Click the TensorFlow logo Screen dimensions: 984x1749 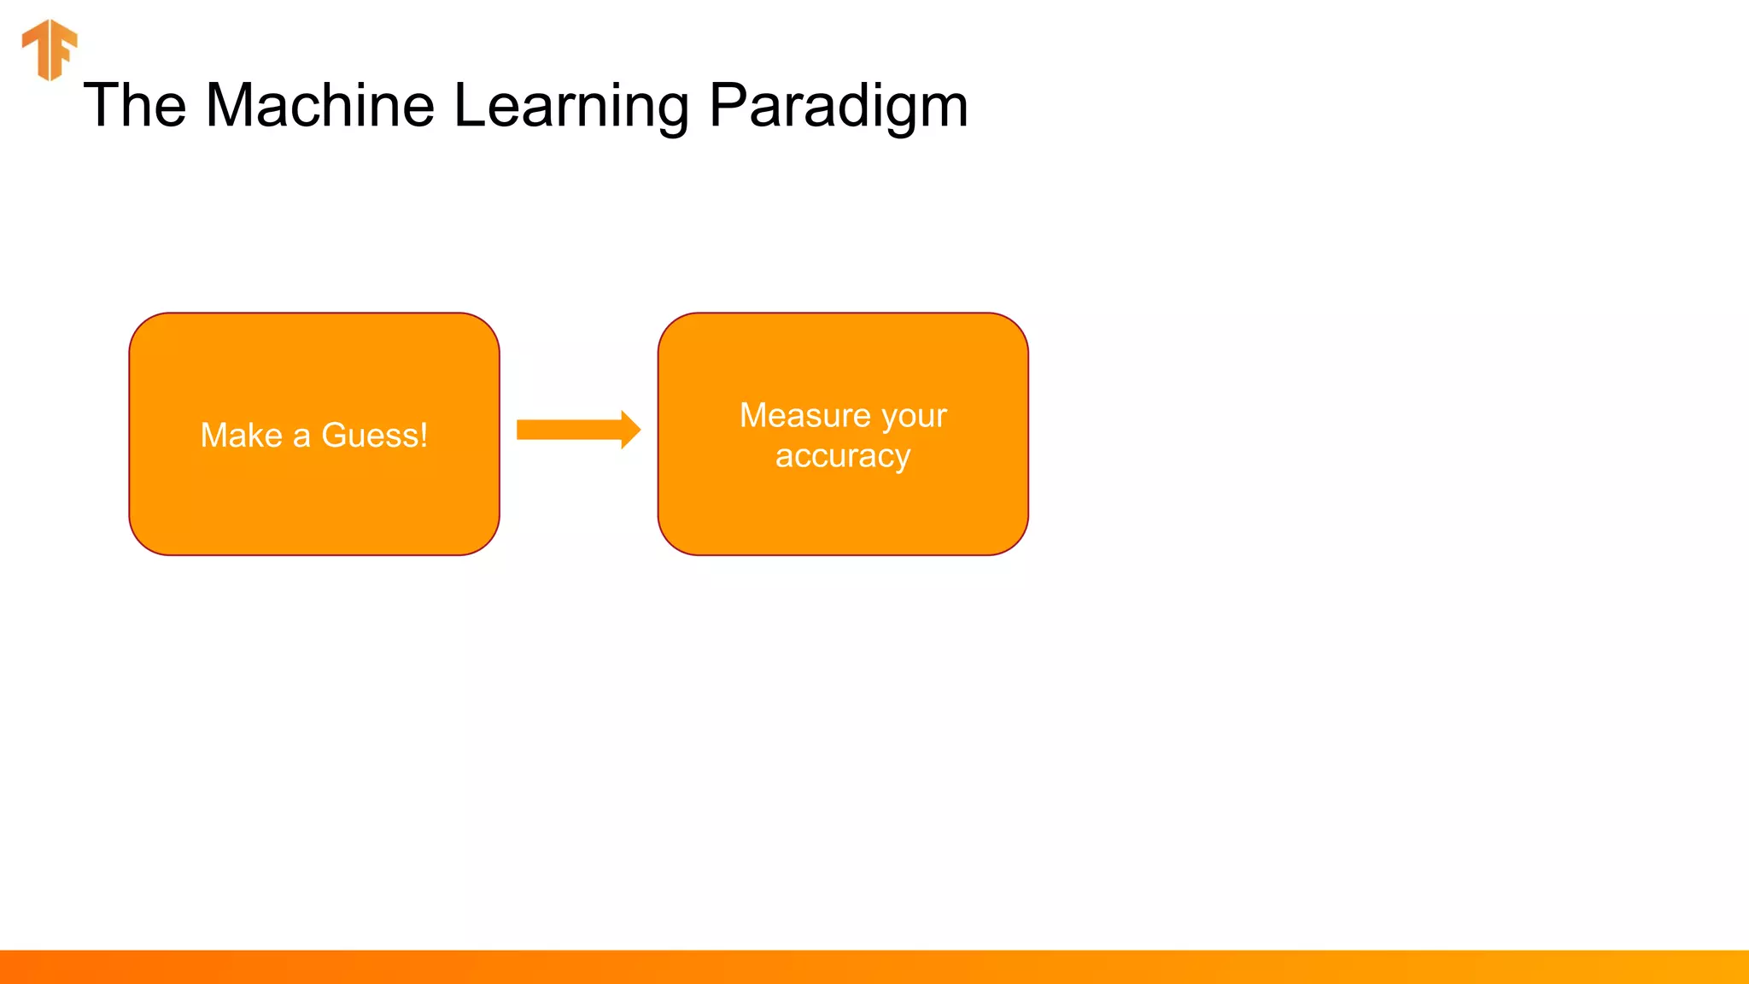pyautogui.click(x=50, y=50)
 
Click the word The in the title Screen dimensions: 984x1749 pyautogui.click(x=135, y=106)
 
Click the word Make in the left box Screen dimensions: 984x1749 pyautogui.click(x=241, y=436)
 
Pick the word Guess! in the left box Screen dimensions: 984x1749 pyautogui.click(x=374, y=436)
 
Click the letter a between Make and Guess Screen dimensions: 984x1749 pyautogui.click(x=301, y=437)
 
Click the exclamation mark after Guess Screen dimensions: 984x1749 pyautogui.click(x=424, y=436)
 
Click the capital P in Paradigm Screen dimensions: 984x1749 pyautogui.click(x=727, y=106)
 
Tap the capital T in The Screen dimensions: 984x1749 pyautogui.click(x=100, y=106)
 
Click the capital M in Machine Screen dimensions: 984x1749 pyautogui.click(x=231, y=106)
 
